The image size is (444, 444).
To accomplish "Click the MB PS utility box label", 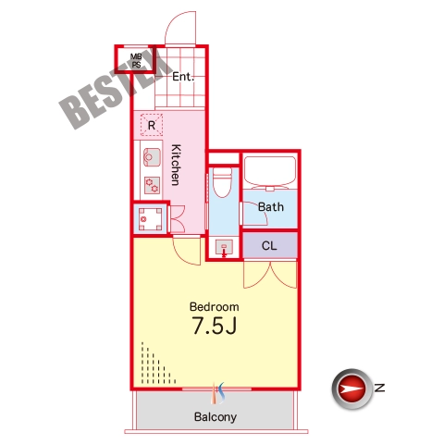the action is (x=136, y=61).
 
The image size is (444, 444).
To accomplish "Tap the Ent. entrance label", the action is (x=183, y=77).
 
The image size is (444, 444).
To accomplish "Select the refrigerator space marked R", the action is (x=152, y=125).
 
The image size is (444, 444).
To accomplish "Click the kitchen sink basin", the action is (x=152, y=157).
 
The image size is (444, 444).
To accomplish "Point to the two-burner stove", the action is (x=152, y=185).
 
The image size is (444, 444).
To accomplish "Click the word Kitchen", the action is (x=176, y=165).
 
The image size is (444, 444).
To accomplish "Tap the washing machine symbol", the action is (x=150, y=219).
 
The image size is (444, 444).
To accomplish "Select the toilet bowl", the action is (x=223, y=182).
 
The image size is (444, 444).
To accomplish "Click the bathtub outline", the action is (x=270, y=172).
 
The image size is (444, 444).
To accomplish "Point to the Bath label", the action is (x=271, y=207).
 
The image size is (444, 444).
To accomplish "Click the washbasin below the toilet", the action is (x=224, y=247).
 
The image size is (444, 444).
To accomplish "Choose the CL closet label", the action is (x=269, y=246).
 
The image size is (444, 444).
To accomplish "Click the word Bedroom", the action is (x=215, y=307).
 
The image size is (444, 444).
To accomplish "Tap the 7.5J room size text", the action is (x=215, y=326).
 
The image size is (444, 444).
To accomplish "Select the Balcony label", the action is (x=216, y=417).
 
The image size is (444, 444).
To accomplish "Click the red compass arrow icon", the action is (x=351, y=388).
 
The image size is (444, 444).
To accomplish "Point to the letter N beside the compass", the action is (x=379, y=388).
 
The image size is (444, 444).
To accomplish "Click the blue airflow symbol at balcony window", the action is (x=221, y=393).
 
